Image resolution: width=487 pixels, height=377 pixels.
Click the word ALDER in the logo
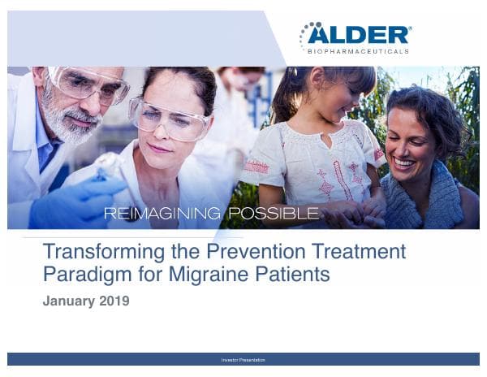(366, 34)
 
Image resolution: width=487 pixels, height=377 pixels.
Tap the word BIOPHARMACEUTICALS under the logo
(358, 51)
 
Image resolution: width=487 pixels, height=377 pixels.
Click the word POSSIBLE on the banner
(273, 214)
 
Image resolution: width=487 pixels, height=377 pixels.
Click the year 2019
(113, 301)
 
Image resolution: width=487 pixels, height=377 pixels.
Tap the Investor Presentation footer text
(243, 359)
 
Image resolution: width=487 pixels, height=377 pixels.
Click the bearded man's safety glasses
(85, 84)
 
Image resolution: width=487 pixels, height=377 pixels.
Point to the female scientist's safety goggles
(170, 118)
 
